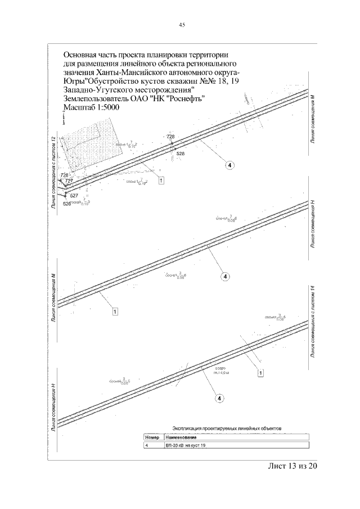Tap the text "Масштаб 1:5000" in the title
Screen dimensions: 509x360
[92, 108]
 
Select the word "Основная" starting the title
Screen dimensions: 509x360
[84, 55]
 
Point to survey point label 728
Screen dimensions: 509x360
[171, 137]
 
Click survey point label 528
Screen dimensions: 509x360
[180, 153]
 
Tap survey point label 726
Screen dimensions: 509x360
[64, 175]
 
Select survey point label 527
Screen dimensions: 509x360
[74, 195]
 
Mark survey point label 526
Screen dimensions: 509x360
[67, 204]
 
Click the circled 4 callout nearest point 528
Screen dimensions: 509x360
[229, 165]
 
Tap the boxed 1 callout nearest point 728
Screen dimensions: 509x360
[161, 181]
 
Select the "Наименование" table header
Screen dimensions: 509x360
[180, 437]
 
